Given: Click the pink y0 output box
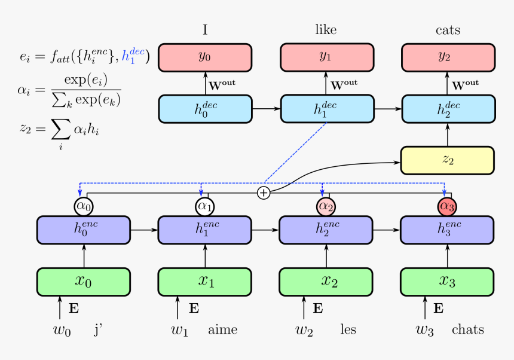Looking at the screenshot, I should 204,57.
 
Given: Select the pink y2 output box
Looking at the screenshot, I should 448,57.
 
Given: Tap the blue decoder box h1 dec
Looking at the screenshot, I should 326,109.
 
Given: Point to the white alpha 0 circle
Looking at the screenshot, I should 84,206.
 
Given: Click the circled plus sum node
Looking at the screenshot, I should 264,193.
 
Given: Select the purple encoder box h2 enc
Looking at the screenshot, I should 326,229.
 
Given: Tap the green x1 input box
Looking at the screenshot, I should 205,282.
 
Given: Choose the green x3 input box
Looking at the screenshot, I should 448,282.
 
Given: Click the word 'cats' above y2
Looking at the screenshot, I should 448,30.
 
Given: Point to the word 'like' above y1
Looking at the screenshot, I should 326,29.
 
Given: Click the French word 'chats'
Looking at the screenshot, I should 468,330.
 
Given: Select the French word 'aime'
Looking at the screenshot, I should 223,330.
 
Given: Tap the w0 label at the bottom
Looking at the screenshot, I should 62,330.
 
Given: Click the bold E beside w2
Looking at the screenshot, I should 318,309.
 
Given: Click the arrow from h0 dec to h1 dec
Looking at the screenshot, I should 267,109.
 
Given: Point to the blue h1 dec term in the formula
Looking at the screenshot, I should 133,57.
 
